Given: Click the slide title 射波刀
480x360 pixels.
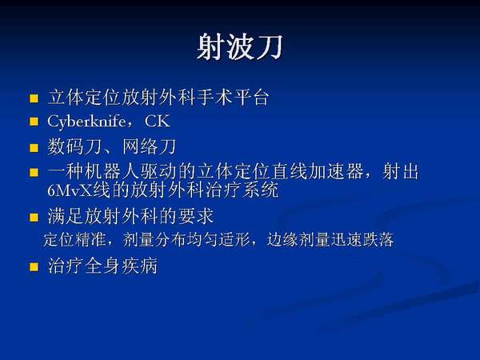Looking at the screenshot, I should pyautogui.click(x=238, y=47).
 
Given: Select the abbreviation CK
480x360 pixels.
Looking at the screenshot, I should pyautogui.click(x=158, y=122).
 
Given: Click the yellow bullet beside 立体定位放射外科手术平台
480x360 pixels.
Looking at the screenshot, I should pyautogui.click(x=34, y=100).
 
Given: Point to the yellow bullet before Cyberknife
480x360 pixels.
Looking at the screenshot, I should pyautogui.click(x=34, y=123).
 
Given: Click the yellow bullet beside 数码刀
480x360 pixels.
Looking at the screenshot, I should pyautogui.click(x=34, y=148).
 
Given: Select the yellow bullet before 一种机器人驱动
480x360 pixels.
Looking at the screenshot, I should pyautogui.click(x=34, y=173).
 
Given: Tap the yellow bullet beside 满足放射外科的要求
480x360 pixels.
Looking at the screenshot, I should pyautogui.click(x=34, y=218).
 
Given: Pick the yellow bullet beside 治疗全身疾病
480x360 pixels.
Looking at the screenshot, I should pyautogui.click(x=34, y=266).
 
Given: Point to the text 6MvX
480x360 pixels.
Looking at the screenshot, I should pyautogui.click(x=70, y=192).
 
